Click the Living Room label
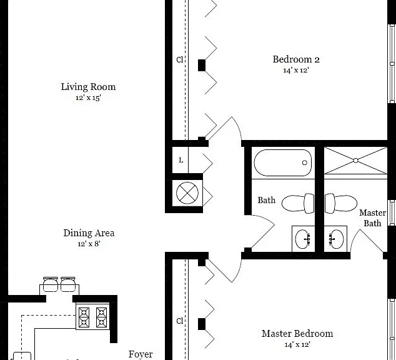(88, 87)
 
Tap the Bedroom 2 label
(296, 59)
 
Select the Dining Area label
(89, 233)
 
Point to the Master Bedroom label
(297, 334)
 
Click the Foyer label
(141, 354)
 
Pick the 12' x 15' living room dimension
(88, 97)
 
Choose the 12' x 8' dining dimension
(89, 244)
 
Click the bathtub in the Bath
(282, 162)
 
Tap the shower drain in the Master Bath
(355, 161)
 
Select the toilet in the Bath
(298, 203)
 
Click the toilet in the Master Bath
(341, 203)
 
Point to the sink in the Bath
(303, 239)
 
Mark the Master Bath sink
(336, 239)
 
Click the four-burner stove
(92, 317)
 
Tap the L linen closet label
(181, 160)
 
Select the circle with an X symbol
(187, 193)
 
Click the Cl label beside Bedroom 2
(179, 59)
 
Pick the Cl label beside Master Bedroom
(179, 321)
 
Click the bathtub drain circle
(305, 162)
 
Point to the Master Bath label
(372, 218)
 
